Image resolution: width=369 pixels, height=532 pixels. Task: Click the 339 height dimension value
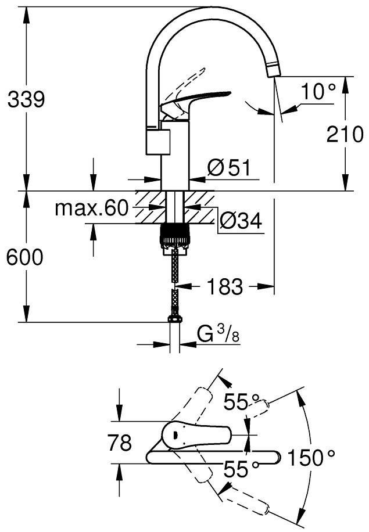[x=26, y=100]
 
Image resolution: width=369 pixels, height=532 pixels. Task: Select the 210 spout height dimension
[x=345, y=134]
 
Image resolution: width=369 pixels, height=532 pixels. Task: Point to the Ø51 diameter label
[x=229, y=168]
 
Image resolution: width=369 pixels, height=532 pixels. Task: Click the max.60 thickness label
[x=92, y=208]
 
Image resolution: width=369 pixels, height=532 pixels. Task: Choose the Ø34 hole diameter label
[x=241, y=221]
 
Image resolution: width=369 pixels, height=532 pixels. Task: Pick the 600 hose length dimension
[x=25, y=257]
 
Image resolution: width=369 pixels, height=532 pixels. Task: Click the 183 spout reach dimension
[x=225, y=287]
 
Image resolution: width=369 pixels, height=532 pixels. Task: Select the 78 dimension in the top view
[x=120, y=443]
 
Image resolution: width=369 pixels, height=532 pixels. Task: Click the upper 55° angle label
[x=241, y=402]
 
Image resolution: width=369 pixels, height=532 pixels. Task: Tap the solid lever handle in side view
[x=195, y=101]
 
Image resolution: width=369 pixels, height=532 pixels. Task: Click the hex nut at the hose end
[x=174, y=319]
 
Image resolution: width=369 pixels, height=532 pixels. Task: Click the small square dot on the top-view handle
[x=175, y=434]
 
